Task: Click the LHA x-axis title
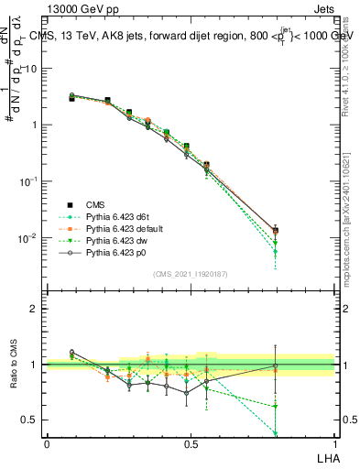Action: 324,457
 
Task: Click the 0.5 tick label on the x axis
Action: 190,443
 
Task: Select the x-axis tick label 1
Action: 334,443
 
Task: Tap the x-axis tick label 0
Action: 47,443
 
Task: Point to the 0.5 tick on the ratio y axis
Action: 30,420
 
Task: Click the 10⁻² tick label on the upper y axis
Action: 27,238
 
